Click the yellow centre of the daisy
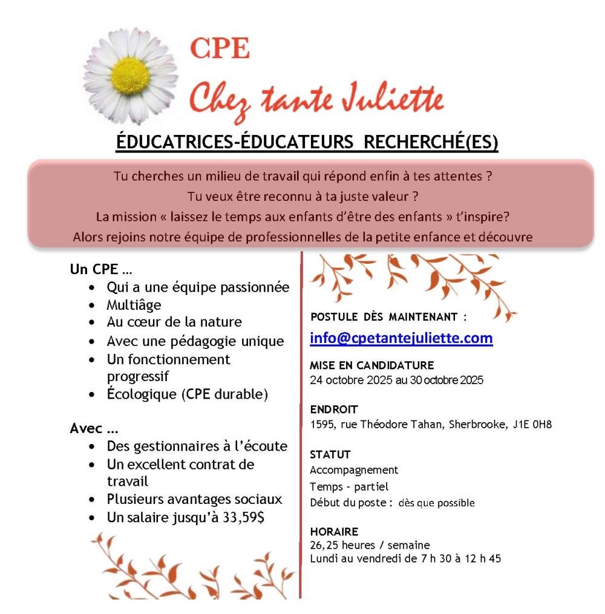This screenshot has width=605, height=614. [131, 75]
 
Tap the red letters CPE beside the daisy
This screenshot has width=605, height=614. [220, 49]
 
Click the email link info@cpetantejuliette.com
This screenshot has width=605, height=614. [401, 338]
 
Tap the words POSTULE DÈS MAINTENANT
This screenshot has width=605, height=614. [388, 316]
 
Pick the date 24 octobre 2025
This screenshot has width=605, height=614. [349, 380]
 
